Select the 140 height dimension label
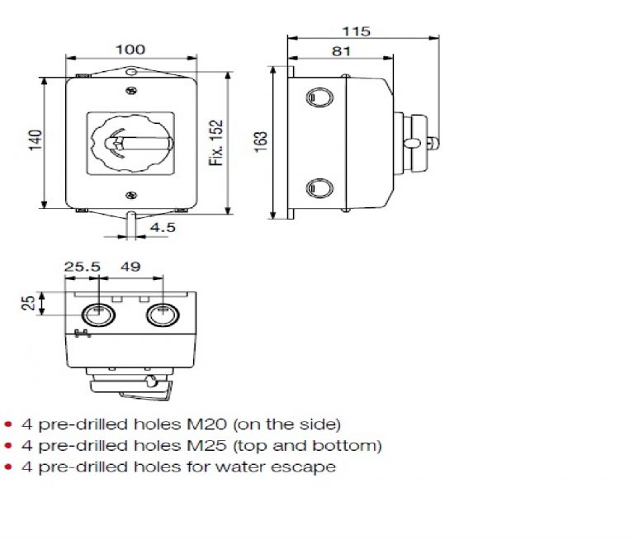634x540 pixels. pos(33,143)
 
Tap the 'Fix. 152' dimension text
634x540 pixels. pos(216,143)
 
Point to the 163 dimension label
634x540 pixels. pos(261,142)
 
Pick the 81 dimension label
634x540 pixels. pos(342,51)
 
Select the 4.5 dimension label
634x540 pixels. pos(161,227)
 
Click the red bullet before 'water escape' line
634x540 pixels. pos(8,467)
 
